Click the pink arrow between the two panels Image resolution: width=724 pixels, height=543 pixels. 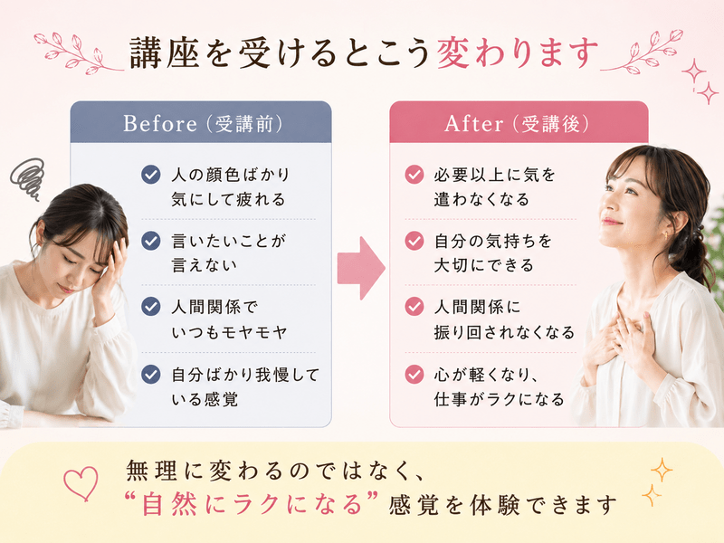point(361,268)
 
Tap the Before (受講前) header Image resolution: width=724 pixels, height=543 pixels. point(202,124)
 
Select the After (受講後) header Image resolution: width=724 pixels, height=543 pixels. point(516,124)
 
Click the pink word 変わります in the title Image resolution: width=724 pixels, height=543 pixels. point(517,53)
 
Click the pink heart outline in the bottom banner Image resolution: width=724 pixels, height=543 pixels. point(81,483)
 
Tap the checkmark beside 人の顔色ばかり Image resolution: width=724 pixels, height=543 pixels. point(150,175)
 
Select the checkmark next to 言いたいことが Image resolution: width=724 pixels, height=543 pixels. point(150,241)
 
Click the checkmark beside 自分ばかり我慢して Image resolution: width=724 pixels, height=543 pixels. point(150,375)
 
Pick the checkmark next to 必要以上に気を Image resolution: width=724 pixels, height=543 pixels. point(414,175)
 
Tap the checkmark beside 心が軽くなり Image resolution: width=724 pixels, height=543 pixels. point(414,375)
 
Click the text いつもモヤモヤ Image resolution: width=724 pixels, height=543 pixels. point(229,332)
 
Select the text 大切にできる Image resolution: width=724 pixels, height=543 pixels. point(483,265)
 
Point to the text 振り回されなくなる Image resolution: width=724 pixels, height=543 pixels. point(504,332)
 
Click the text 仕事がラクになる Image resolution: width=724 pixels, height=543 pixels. point(499,399)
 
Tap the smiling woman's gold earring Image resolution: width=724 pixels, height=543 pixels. point(666,235)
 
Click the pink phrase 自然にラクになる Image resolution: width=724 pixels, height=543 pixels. point(252,504)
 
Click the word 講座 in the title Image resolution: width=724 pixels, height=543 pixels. point(165,53)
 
